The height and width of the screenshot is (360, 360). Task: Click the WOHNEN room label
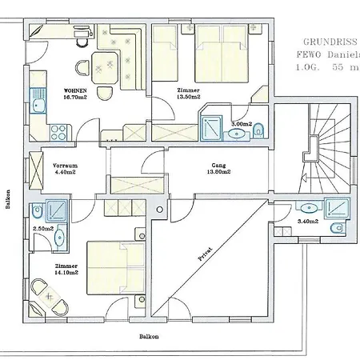coord(65,91)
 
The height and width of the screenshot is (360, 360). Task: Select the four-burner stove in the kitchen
coord(58,128)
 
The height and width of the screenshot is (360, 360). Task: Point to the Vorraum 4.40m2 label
coord(65,167)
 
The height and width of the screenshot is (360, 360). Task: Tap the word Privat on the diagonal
coord(209,252)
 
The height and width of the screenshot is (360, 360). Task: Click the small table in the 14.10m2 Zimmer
coord(50,300)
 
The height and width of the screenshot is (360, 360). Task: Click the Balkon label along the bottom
coord(147,337)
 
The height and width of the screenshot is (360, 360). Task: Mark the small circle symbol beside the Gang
coord(160,210)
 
